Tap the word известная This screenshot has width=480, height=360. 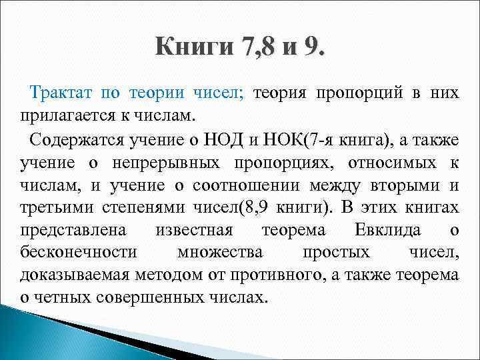(x=193, y=230)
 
